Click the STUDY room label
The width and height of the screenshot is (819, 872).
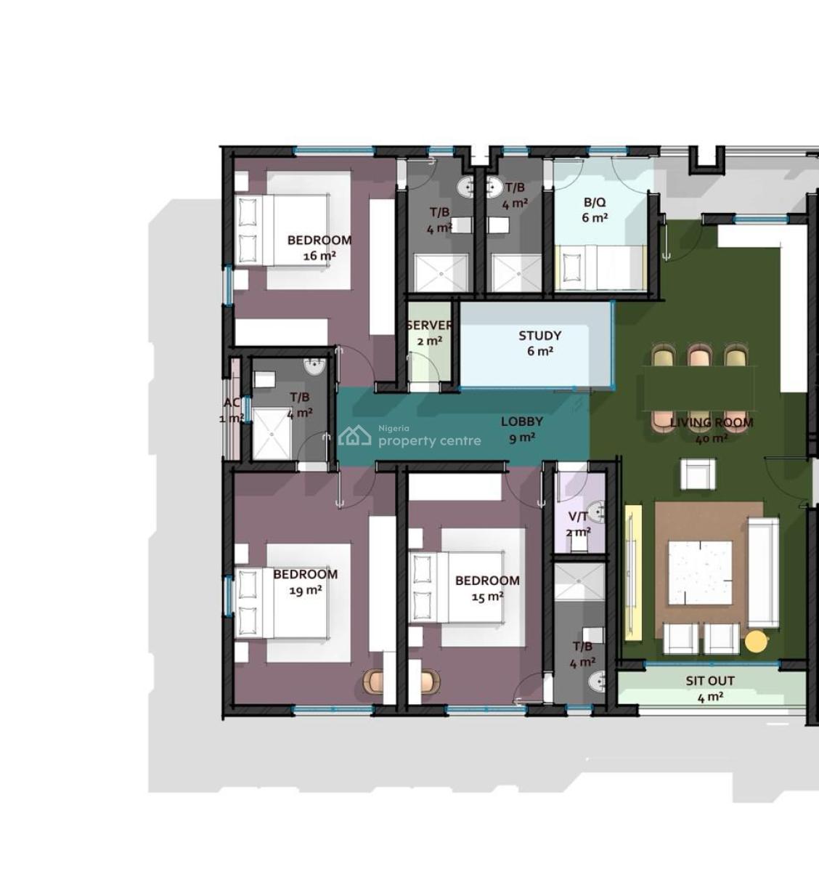coord(539,336)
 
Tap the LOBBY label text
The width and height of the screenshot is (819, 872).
coord(521,421)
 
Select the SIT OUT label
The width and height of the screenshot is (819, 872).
coord(710,681)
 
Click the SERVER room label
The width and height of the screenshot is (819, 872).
coord(429,326)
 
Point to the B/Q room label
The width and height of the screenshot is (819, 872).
coord(594,203)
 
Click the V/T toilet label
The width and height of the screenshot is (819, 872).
coord(578,517)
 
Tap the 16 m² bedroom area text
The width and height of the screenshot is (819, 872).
coord(319,256)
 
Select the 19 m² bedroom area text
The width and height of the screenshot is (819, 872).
coord(306,590)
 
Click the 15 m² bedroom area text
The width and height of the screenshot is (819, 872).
coord(487,597)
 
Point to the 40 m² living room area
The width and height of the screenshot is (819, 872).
coord(712,438)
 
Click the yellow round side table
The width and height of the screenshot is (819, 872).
coord(756,641)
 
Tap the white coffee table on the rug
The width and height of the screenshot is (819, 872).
coord(700,573)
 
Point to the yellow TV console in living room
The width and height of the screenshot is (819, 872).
coord(632,573)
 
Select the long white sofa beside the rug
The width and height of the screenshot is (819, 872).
coord(763,573)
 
